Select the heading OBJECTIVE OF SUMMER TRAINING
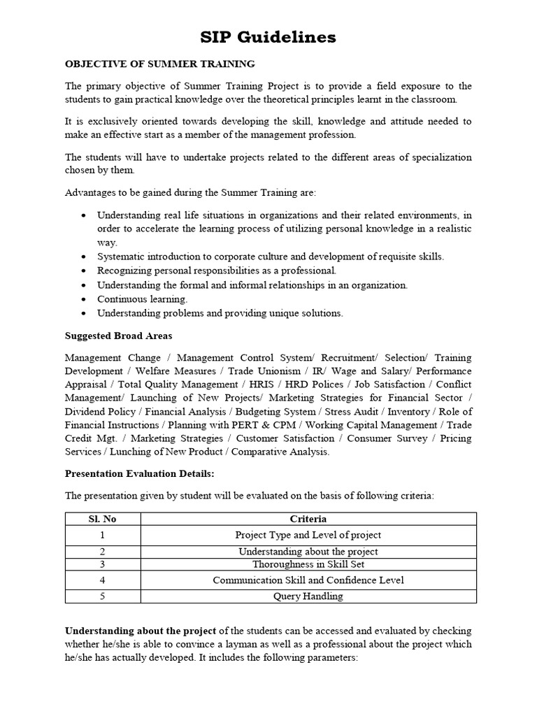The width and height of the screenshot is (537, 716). [x=159, y=64]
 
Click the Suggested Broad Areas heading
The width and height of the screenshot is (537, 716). [x=118, y=336]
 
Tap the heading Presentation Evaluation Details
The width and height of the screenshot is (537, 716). [x=139, y=473]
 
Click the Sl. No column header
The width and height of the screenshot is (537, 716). [x=103, y=519]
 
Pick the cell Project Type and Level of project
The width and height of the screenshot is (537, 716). [x=308, y=535]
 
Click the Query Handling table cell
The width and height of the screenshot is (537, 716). [x=308, y=596]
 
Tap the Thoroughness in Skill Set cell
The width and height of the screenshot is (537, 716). [x=308, y=564]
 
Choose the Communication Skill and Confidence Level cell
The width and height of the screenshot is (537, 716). [x=308, y=580]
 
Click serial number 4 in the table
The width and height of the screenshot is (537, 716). [x=103, y=580]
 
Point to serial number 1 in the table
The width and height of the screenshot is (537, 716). [x=103, y=535]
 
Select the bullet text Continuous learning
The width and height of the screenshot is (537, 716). [x=133, y=299]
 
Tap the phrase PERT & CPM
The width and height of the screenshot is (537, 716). [x=268, y=425]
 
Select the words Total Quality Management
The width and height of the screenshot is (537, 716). [x=178, y=385]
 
